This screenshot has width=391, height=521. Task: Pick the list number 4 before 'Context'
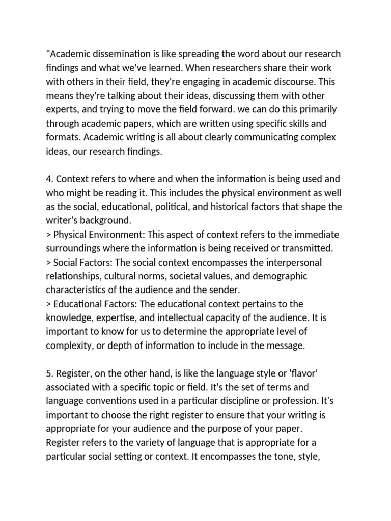(49, 179)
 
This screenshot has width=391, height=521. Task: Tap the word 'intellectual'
(168, 317)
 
